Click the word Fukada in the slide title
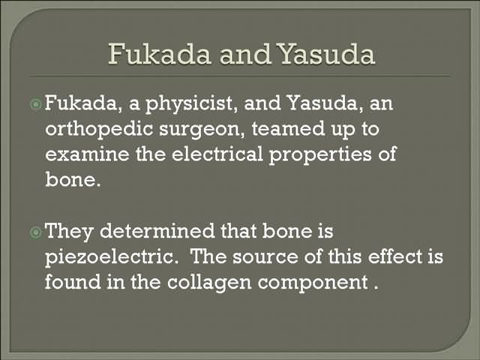(160, 54)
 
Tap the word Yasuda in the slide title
(327, 54)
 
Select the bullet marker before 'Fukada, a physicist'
(36, 104)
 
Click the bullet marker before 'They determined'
(36, 232)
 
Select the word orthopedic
(99, 130)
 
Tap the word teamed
(288, 128)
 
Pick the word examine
(87, 154)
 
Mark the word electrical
(217, 154)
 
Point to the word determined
(157, 231)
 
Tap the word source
(265, 257)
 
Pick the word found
(73, 282)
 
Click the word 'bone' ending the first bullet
(73, 179)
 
